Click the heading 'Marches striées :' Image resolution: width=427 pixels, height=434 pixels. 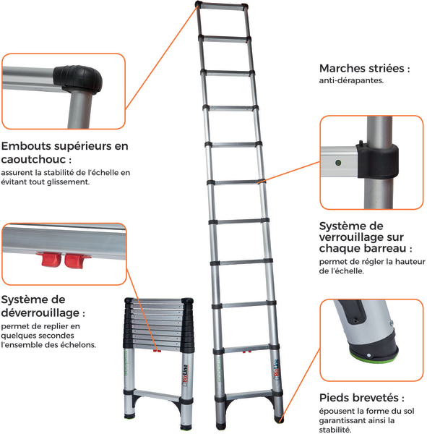click(364, 69)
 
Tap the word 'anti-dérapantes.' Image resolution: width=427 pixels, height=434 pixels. click(351, 80)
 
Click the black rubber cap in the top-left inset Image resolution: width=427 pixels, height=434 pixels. click(78, 79)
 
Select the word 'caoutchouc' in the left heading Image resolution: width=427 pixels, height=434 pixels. click(33, 159)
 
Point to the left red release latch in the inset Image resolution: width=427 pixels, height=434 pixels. click(51, 260)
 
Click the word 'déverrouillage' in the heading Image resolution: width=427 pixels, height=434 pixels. click(40, 312)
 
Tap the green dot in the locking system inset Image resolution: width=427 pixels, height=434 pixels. click(338, 163)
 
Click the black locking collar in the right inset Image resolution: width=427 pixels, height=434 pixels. click(377, 161)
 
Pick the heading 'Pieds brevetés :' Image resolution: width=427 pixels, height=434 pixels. click(362, 398)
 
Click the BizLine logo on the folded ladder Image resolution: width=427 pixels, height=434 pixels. click(186, 375)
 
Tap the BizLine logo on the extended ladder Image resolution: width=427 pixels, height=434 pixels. click(276, 368)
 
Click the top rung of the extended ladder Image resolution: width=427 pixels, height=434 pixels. click(222, 7)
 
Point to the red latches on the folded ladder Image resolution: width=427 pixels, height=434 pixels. click(158, 351)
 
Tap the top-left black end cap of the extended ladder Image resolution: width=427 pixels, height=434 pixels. click(199, 4)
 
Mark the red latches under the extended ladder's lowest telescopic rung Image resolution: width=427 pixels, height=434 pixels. click(247, 352)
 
